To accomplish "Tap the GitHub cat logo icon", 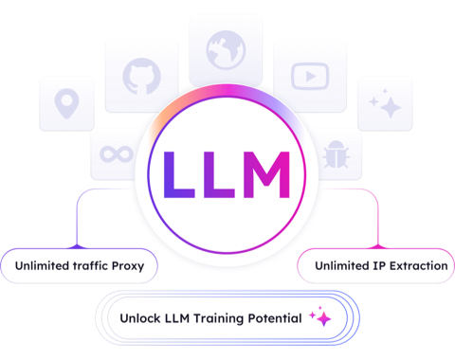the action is click(x=142, y=76).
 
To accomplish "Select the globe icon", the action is click(x=226, y=50).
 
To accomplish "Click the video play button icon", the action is click(x=310, y=76).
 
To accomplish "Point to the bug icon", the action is click(x=336, y=154).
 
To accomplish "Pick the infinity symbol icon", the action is click(x=117, y=154).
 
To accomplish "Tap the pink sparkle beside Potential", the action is click(x=320, y=316).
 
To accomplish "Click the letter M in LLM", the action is click(x=266, y=174).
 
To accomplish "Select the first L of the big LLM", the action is click(x=179, y=174).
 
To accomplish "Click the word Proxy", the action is click(x=128, y=266).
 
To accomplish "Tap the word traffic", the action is click(x=91, y=265).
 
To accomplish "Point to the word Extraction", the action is click(x=418, y=266).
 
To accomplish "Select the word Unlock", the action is click(x=140, y=318).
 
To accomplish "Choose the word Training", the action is click(x=218, y=318).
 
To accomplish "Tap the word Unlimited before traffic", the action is click(x=43, y=265).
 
